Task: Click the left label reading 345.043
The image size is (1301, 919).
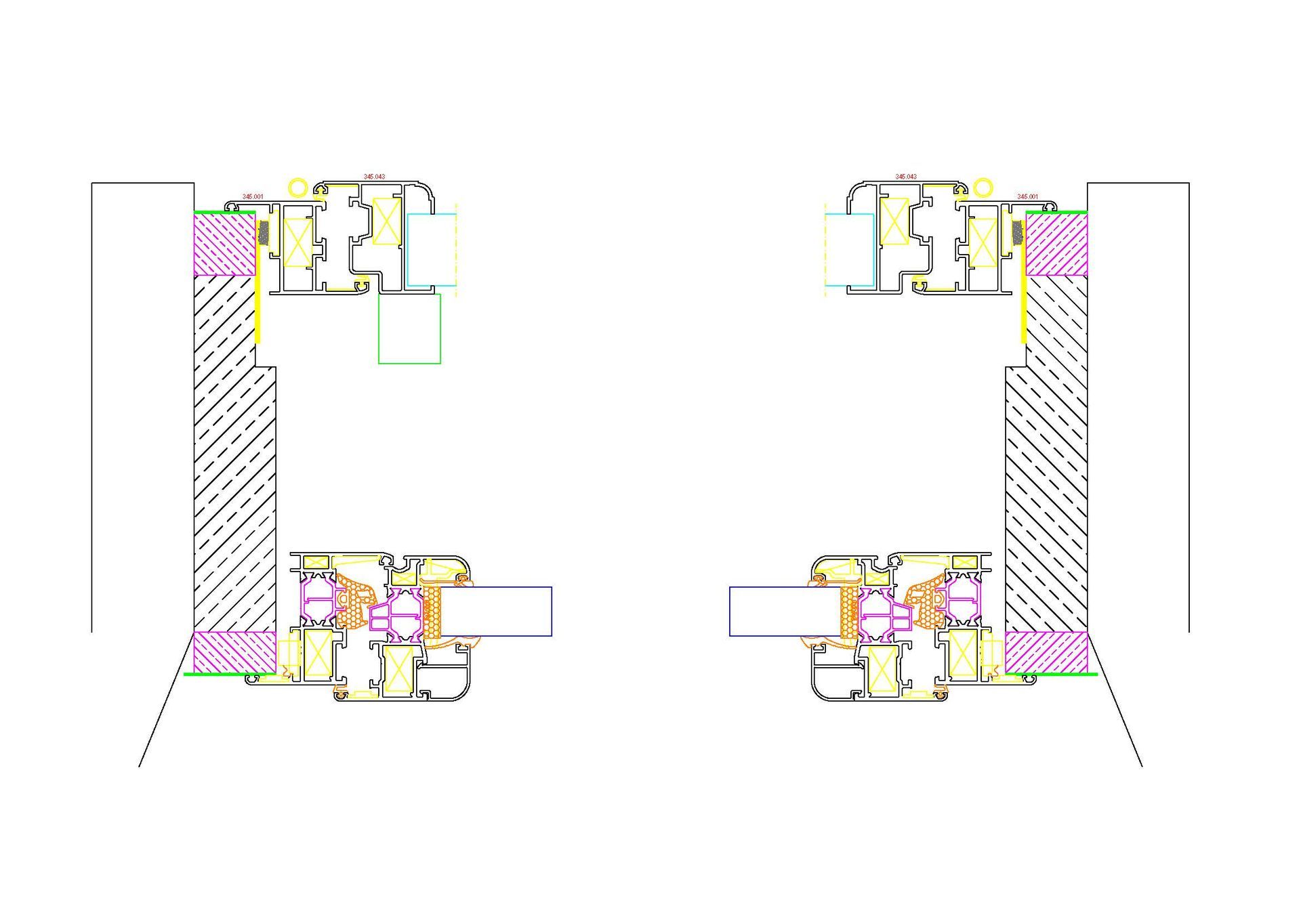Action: pos(374,177)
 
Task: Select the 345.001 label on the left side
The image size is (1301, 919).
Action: pos(253,196)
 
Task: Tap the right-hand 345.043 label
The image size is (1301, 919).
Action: pos(906,177)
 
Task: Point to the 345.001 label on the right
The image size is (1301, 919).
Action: pos(1027,196)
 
